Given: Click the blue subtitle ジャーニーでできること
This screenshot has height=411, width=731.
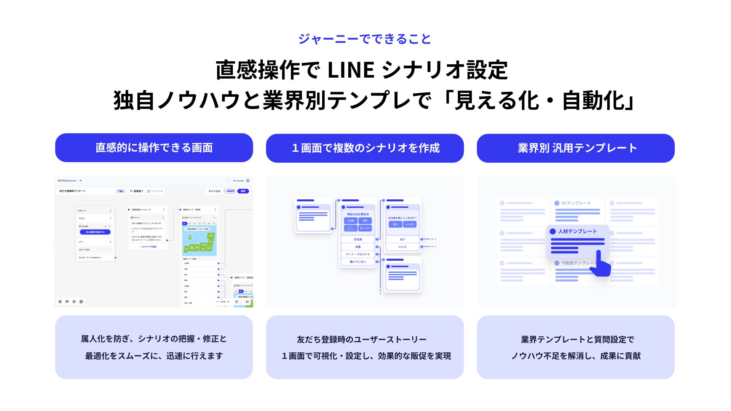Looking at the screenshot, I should [364, 39].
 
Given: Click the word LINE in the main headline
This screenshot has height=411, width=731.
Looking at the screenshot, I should [351, 70].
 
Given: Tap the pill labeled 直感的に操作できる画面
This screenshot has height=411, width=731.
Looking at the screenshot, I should [154, 148].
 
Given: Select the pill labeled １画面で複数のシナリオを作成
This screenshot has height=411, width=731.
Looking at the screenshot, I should [365, 148].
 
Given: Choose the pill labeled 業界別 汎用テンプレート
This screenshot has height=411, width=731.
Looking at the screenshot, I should [576, 148].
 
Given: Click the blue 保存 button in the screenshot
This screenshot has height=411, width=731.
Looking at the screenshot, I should [243, 191].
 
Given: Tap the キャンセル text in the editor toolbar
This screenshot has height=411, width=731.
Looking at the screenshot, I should [214, 191].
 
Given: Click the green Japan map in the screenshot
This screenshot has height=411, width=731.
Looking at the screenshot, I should [200, 242].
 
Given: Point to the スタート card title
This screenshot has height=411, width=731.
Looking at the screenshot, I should [82, 210].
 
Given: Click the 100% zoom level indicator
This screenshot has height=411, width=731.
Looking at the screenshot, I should [223, 302].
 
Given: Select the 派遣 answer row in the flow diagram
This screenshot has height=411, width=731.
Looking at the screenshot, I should [358, 247].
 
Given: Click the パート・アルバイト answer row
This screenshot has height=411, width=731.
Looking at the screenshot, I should [358, 254].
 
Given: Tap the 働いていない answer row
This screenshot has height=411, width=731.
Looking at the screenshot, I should [358, 262].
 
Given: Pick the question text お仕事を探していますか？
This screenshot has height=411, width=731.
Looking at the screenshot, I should [402, 218].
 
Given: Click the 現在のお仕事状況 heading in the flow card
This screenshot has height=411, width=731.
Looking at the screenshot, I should [358, 214].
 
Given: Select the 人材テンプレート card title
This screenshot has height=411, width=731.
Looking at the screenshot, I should [577, 231].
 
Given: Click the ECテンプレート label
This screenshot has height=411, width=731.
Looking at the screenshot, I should [576, 203].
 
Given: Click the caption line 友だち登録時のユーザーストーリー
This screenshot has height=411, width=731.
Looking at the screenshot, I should [361, 339].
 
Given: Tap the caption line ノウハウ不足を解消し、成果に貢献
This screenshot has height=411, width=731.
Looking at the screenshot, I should [576, 356].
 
